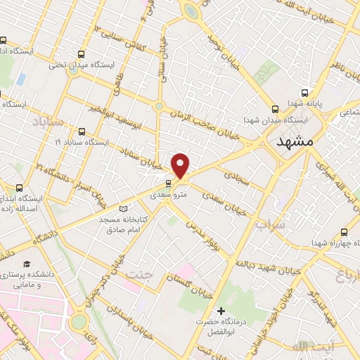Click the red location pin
tap(181, 165)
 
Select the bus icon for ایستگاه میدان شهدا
tap(274, 108)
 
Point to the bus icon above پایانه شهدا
tap(304, 93)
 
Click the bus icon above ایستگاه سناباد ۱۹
tap(82, 131)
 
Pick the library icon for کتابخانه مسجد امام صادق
tap(124, 209)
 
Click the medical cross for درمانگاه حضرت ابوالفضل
tap(221, 311)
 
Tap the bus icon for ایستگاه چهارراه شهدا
tap(345, 233)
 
